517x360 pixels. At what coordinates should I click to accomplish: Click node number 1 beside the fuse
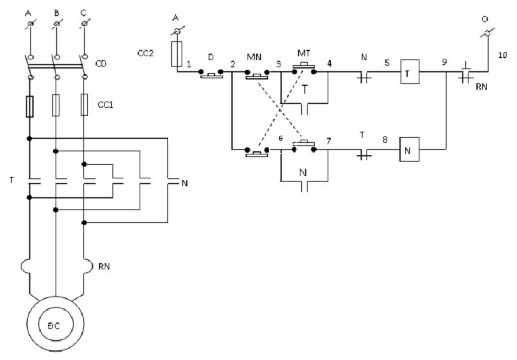(x=188, y=65)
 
